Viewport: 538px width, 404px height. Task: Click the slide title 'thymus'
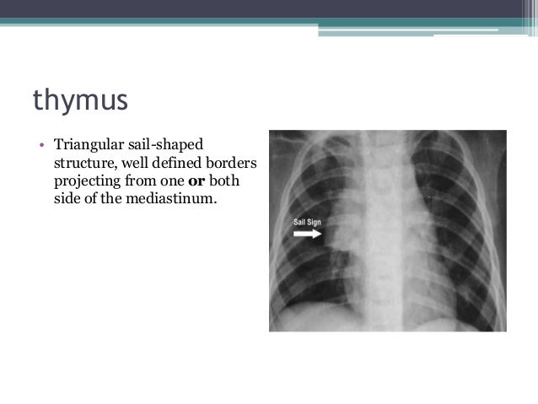point(80,100)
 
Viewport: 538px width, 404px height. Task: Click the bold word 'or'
point(195,181)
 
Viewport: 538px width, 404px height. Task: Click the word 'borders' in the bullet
point(230,163)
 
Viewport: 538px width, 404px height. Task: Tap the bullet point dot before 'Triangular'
point(39,145)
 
